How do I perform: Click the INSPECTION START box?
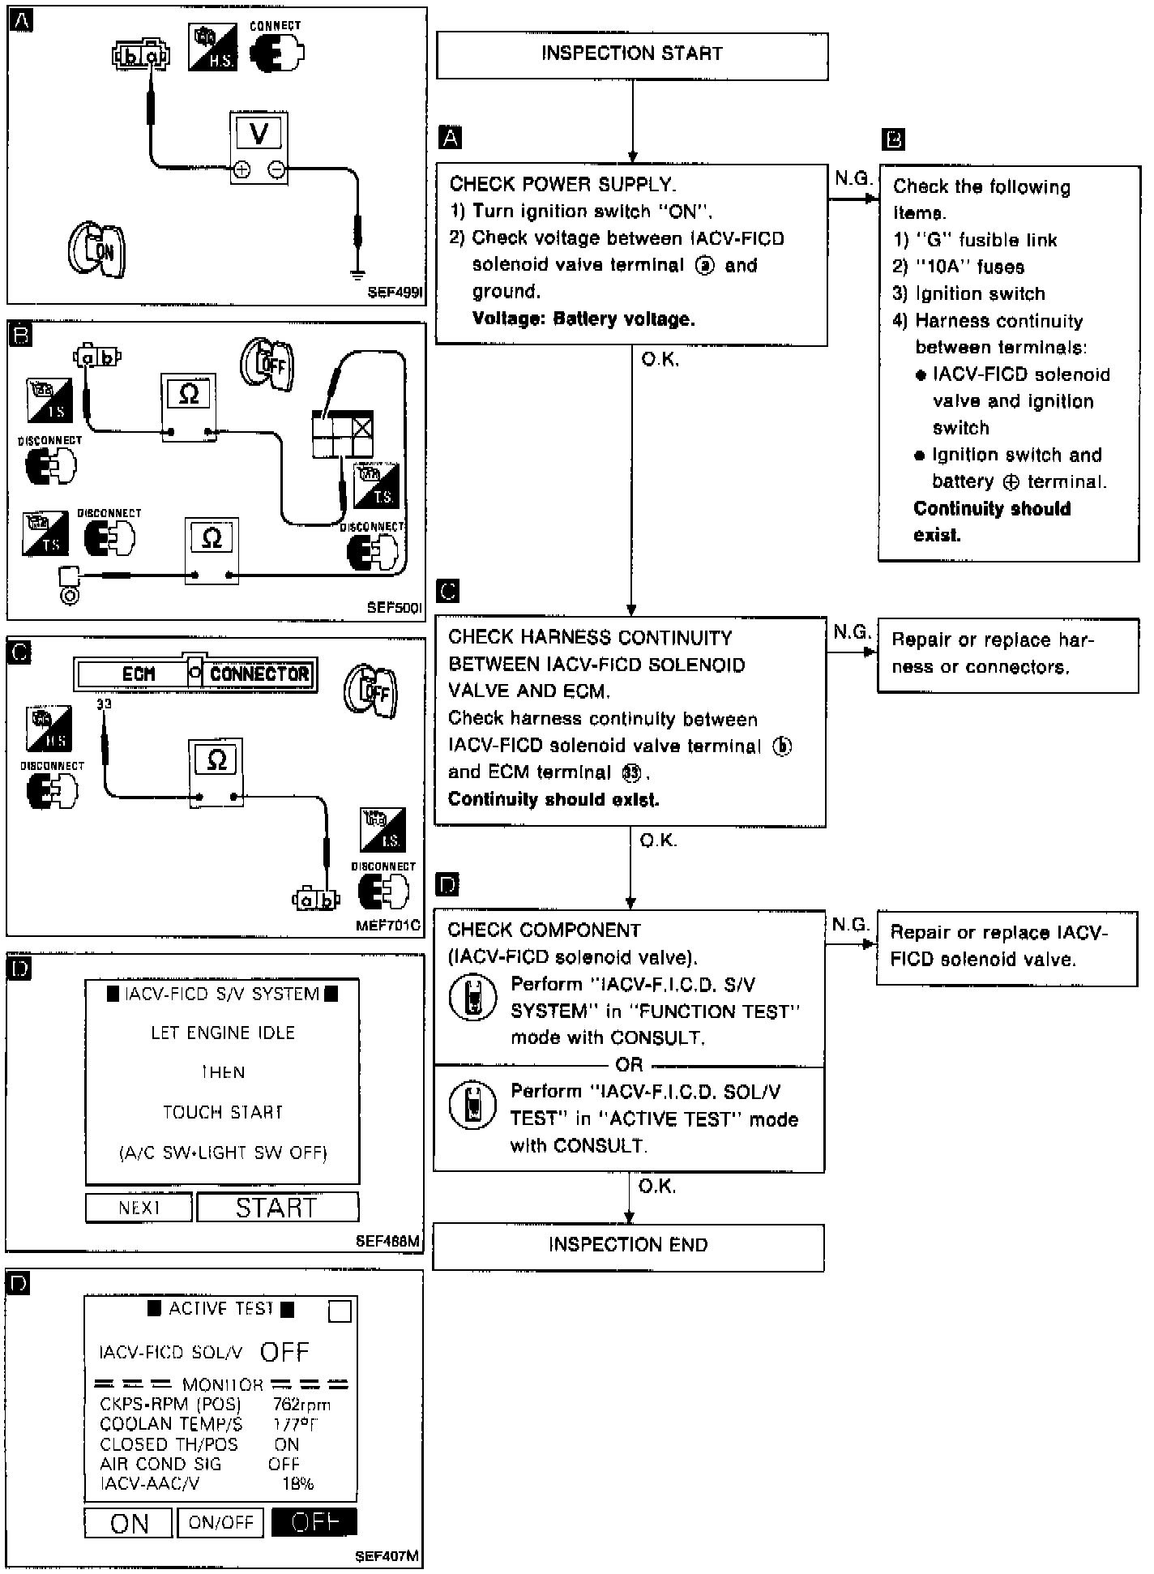[x=632, y=55]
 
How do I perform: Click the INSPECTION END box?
[x=628, y=1247]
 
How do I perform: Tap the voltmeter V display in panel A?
[x=259, y=133]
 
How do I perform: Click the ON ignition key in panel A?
[x=97, y=249]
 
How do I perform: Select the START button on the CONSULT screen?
[x=277, y=1208]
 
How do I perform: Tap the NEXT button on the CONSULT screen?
[x=139, y=1208]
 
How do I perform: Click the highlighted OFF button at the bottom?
[x=314, y=1521]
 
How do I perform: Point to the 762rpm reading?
[x=301, y=1405]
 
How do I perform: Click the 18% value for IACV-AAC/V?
[x=297, y=1483]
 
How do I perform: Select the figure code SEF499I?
[x=395, y=293]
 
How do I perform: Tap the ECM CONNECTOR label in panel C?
[x=195, y=674]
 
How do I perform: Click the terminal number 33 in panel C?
[x=104, y=704]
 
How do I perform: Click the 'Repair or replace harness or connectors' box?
[x=1007, y=655]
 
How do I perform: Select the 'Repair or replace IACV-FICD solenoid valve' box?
[x=1007, y=947]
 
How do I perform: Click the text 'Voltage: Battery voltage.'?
[x=583, y=319]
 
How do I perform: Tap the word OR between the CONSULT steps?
[x=629, y=1064]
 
